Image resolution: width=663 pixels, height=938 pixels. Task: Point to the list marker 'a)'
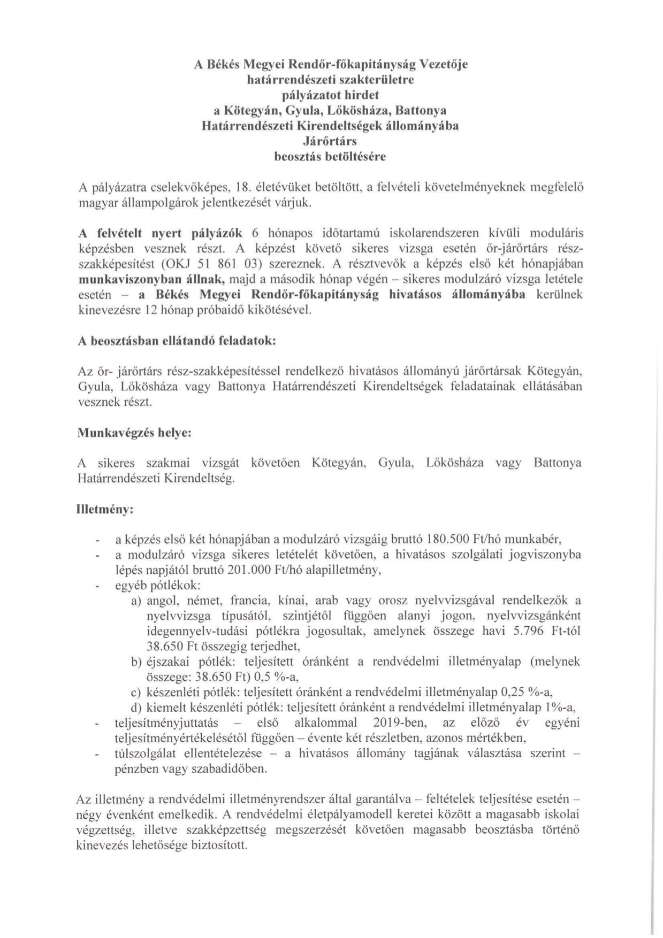coord(136,601)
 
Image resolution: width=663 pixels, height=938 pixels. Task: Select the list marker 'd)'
coord(136,708)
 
